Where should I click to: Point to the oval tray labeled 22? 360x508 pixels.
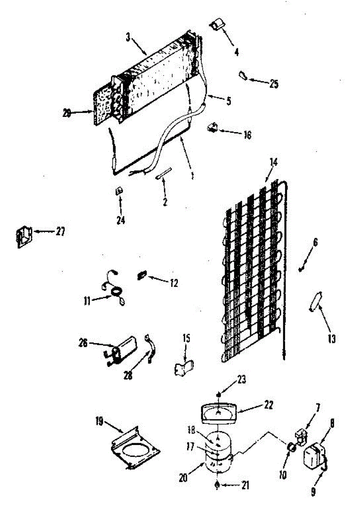[219, 412]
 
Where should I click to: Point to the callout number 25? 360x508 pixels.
[274, 83]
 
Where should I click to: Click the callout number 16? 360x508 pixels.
[247, 135]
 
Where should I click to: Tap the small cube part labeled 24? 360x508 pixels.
[119, 191]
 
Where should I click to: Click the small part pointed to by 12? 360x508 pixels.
[141, 276]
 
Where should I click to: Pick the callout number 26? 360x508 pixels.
[83, 343]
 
